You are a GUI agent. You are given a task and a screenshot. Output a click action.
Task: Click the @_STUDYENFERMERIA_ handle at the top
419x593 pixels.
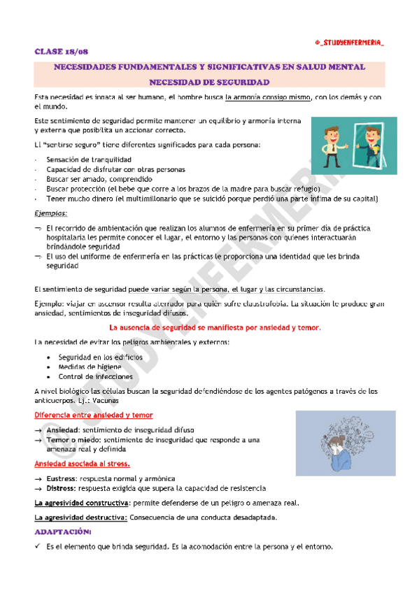[x=349, y=43]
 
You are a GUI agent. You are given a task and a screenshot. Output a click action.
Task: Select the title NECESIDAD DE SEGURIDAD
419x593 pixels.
[x=209, y=82]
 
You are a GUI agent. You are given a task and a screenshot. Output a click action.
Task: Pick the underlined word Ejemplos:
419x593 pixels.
[x=51, y=213]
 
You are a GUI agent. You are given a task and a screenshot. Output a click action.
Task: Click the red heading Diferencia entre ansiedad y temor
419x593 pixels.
[x=94, y=415]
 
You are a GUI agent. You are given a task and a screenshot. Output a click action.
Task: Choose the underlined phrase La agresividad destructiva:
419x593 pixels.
[x=80, y=517]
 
